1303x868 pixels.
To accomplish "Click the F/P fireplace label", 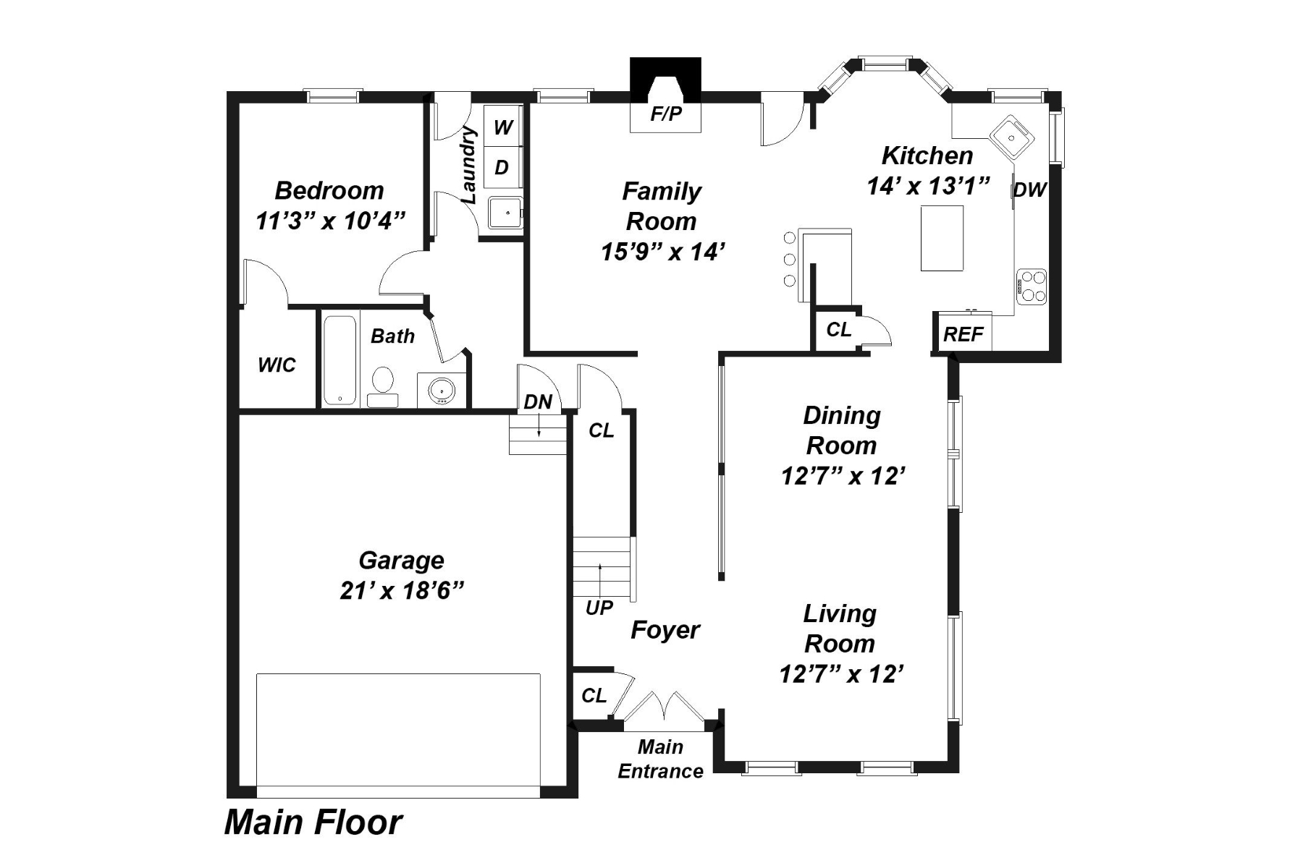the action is [x=666, y=114].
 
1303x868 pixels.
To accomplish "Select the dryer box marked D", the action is [x=502, y=167].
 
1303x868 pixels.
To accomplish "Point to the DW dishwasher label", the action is [x=1029, y=190].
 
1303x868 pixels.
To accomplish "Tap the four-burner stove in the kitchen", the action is [x=1031, y=286].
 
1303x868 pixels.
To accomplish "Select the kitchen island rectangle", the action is [x=942, y=238].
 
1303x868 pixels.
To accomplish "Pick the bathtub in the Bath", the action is [x=340, y=359].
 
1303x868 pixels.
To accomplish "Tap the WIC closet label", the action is [x=277, y=365].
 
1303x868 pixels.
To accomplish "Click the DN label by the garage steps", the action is [x=538, y=402].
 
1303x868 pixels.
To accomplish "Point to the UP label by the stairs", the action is [x=599, y=608].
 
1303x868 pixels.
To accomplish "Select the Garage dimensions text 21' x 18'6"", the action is [x=402, y=591].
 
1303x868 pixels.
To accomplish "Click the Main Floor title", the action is [x=313, y=822].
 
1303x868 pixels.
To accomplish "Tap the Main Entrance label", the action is [x=660, y=759].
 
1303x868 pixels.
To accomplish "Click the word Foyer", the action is [x=665, y=630].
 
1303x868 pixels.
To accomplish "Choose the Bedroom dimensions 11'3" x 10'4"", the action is [x=329, y=221].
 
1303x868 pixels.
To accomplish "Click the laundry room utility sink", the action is [x=505, y=213].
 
